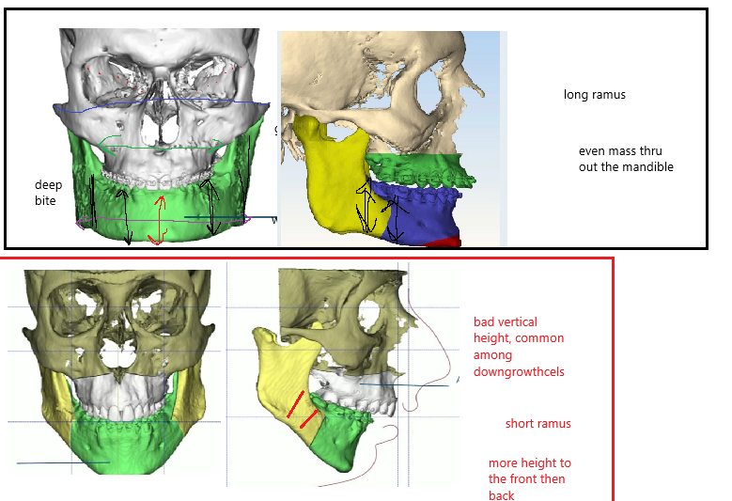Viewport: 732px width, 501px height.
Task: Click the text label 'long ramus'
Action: pyautogui.click(x=594, y=95)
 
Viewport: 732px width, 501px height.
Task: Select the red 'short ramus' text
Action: pyautogui.click(x=537, y=424)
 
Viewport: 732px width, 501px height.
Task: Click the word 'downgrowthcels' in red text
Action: pyautogui.click(x=519, y=371)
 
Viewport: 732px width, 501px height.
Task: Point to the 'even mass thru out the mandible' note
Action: pyautogui.click(x=626, y=160)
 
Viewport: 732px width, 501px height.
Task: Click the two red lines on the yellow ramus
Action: pyautogui.click(x=301, y=409)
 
